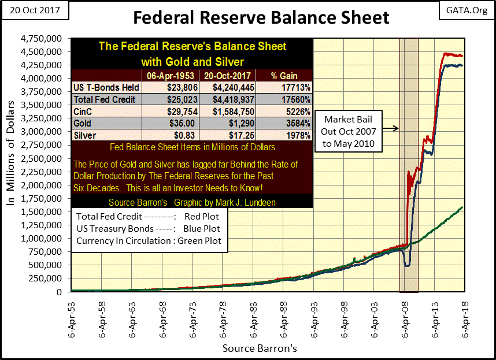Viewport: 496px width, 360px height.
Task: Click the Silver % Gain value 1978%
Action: (x=283, y=136)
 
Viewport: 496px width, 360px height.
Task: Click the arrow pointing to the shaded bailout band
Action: (x=394, y=128)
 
